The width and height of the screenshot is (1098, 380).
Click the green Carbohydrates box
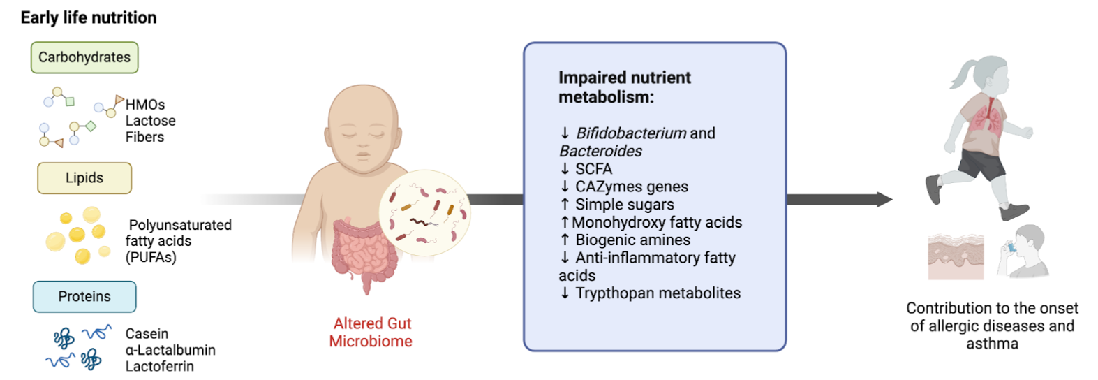click(x=84, y=57)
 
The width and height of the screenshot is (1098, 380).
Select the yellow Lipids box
click(x=84, y=178)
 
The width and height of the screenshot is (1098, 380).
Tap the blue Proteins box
click(x=84, y=297)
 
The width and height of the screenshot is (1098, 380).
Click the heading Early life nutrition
click(x=89, y=17)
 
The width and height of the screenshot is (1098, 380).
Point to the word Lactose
click(x=151, y=121)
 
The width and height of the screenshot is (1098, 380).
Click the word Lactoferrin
click(x=160, y=366)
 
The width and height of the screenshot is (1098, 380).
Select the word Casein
click(x=147, y=334)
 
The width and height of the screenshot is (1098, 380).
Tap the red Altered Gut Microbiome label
click(x=371, y=332)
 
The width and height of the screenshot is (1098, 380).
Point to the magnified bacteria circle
click(x=424, y=213)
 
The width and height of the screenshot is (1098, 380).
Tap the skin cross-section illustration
click(x=956, y=257)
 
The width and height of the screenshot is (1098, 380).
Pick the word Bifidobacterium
click(x=631, y=133)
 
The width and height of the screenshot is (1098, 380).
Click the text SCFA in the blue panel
click(x=593, y=168)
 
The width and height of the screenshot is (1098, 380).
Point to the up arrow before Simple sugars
click(x=565, y=204)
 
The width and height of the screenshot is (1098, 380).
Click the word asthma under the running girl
click(x=992, y=344)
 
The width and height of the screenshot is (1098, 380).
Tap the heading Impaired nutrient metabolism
click(x=625, y=87)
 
